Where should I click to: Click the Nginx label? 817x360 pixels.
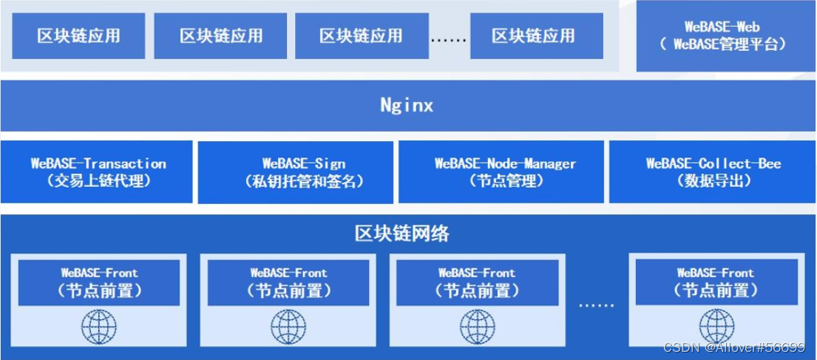pyautogui.click(x=407, y=105)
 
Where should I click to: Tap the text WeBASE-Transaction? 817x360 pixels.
pyautogui.click(x=98, y=163)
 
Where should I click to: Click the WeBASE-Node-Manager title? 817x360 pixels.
pyautogui.click(x=505, y=163)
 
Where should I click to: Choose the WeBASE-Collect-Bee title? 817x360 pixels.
pyautogui.click(x=713, y=163)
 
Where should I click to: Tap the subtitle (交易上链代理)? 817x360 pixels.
pyautogui.click(x=98, y=180)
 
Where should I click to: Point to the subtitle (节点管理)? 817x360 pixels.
pyautogui.click(x=505, y=181)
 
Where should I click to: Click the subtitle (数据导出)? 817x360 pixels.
pyautogui.click(x=713, y=181)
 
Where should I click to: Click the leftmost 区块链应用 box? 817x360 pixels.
pyautogui.click(x=78, y=35)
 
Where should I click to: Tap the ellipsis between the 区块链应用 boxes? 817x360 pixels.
pyautogui.click(x=448, y=38)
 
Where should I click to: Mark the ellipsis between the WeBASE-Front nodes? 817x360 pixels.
pyautogui.click(x=596, y=303)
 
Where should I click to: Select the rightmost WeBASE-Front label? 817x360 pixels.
pyautogui.click(x=715, y=273)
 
